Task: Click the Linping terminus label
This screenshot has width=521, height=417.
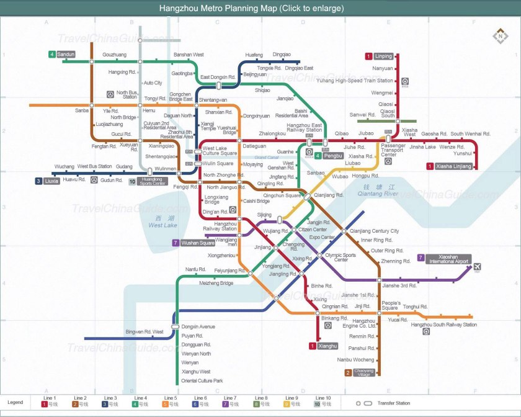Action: tap(383, 56)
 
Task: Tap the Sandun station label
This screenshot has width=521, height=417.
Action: tap(66, 55)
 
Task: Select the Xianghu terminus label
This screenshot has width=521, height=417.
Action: tap(327, 346)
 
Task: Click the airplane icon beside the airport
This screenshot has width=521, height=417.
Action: tap(478, 267)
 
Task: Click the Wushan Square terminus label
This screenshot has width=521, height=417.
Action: tap(197, 243)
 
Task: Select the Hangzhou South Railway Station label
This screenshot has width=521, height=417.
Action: tap(443, 325)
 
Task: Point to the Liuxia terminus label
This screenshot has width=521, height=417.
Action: tap(51, 181)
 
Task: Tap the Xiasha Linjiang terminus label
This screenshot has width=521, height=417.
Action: tap(453, 166)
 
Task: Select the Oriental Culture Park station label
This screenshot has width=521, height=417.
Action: tap(202, 380)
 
